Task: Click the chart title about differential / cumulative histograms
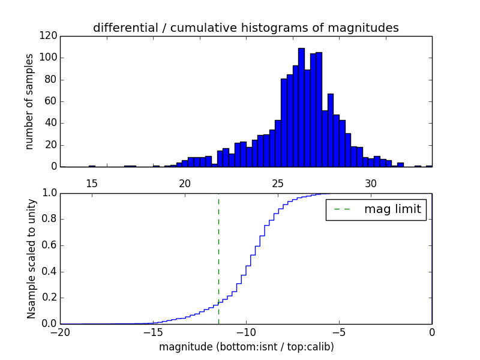245,28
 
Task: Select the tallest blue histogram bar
301,107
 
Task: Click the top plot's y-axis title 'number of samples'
29,101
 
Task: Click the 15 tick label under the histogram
91,184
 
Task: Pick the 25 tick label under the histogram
278,184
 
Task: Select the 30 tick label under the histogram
371,184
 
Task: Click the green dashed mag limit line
218,258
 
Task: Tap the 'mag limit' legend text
392,209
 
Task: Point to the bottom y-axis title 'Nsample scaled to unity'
31,259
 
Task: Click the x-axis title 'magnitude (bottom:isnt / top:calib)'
246,347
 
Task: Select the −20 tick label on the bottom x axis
60,332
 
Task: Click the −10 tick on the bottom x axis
246,324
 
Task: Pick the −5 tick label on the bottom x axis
339,332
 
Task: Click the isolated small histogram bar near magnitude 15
92,166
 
